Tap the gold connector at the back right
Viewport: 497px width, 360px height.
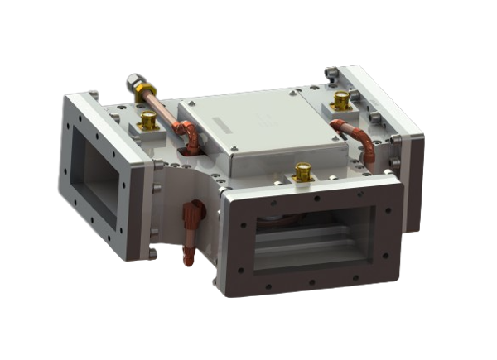[x=340, y=101]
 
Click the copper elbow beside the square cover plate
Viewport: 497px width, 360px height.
[x=191, y=137]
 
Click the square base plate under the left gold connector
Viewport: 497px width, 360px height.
[x=150, y=131]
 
